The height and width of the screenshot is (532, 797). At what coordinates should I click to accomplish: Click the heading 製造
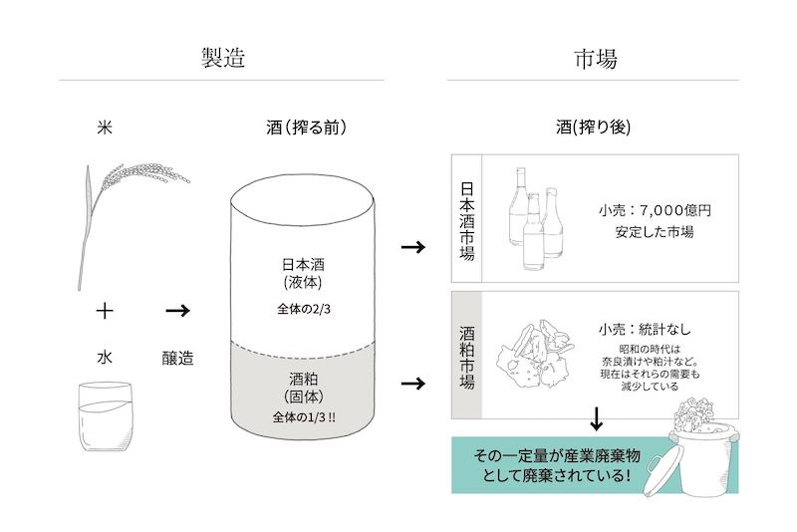pyautogui.click(x=223, y=58)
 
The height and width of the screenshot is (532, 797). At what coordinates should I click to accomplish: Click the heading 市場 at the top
pyautogui.click(x=596, y=59)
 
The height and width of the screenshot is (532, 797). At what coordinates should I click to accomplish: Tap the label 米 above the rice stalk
pyautogui.click(x=105, y=128)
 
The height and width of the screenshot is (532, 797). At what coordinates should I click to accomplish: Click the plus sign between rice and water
pyautogui.click(x=105, y=310)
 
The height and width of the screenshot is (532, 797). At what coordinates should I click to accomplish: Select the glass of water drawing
pyautogui.click(x=106, y=417)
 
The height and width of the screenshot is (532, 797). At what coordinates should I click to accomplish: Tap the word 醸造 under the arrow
pyautogui.click(x=178, y=358)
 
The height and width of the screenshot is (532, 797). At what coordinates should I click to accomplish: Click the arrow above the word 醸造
pyautogui.click(x=178, y=311)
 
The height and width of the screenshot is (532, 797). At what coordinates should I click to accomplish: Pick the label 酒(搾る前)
pyautogui.click(x=307, y=128)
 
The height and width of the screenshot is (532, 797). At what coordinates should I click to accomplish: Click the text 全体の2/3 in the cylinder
pyautogui.click(x=304, y=309)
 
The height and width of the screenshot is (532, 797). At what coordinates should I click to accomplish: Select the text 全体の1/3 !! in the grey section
pyautogui.click(x=304, y=417)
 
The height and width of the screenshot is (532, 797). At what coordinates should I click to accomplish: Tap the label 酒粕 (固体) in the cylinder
pyautogui.click(x=304, y=388)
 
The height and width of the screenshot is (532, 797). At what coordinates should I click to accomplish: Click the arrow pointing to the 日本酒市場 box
pyautogui.click(x=413, y=247)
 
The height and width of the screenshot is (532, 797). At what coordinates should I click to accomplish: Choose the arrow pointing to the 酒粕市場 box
pyautogui.click(x=413, y=384)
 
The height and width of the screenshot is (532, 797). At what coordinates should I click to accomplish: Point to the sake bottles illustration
pyautogui.click(x=536, y=218)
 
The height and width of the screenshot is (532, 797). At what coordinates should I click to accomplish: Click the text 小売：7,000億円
pyautogui.click(x=655, y=210)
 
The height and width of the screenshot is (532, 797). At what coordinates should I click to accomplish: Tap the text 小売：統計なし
pyautogui.click(x=645, y=330)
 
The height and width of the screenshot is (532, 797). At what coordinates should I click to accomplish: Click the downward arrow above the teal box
pyautogui.click(x=596, y=418)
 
